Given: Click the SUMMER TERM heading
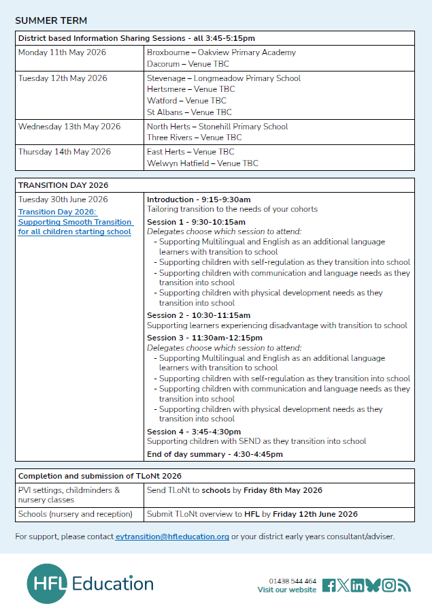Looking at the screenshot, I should (x=51, y=20).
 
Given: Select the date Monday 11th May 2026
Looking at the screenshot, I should (x=62, y=52).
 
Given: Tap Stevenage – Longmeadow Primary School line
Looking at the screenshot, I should (x=223, y=78).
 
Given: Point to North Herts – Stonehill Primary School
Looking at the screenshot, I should (x=217, y=127).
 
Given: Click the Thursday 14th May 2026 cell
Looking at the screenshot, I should (x=64, y=152).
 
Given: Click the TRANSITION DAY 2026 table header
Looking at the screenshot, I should (x=63, y=185).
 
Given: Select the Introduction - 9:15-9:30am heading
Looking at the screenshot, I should (x=199, y=199).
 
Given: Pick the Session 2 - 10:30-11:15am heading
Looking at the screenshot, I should (x=199, y=315).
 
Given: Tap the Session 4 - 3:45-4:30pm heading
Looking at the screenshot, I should (x=194, y=432).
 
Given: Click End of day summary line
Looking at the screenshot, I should (x=215, y=454).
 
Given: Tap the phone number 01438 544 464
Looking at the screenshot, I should (x=293, y=581).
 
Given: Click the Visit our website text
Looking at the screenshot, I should (x=286, y=590).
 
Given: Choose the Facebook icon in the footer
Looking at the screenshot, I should (x=329, y=586).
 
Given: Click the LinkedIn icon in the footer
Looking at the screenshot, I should (x=357, y=586).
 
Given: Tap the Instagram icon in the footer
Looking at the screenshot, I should (x=388, y=586).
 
